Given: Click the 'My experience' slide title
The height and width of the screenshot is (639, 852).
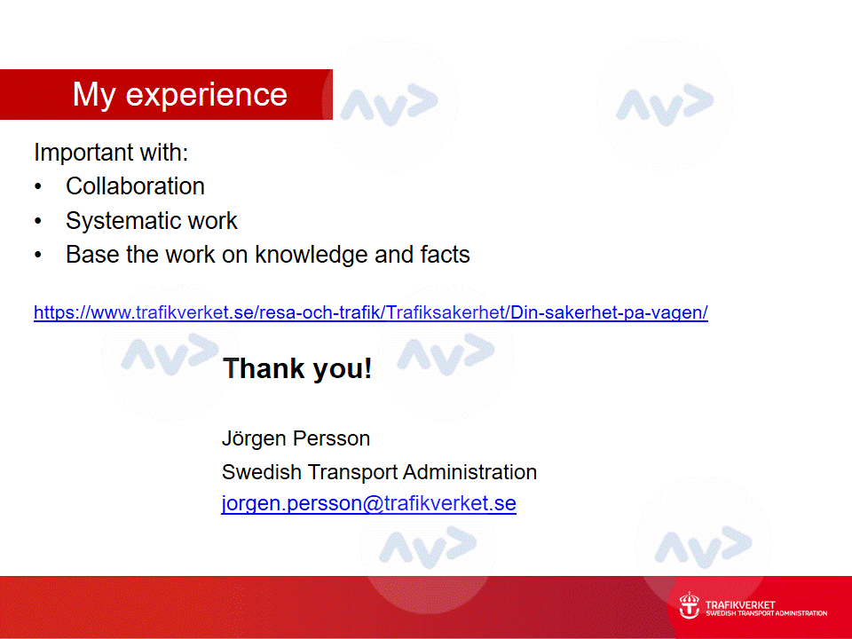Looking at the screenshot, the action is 180,95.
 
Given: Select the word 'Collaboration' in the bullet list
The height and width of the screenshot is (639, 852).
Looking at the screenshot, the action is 135,186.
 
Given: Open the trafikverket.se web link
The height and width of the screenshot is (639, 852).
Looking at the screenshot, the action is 371,312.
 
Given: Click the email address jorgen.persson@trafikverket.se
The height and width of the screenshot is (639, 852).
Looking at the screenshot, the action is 369,503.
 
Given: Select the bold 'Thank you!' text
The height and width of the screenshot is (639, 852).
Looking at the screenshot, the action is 297,369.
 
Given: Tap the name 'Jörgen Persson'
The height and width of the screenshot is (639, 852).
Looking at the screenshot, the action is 296,438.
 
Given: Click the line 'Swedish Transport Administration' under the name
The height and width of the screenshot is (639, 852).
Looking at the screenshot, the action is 379,472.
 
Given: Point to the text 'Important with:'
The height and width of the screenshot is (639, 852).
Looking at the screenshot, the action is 111,152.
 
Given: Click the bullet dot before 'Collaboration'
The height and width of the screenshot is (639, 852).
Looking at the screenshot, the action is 38,187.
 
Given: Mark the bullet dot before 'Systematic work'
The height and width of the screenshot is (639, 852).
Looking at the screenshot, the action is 38,221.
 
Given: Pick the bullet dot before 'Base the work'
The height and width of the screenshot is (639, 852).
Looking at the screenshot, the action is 38,255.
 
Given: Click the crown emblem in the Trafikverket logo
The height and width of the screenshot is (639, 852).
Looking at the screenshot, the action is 690,604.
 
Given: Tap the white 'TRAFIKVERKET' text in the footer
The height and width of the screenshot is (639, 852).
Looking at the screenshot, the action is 740,604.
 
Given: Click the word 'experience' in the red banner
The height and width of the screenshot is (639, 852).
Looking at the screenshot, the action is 207,96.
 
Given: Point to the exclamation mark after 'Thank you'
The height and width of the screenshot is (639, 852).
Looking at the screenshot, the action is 367,367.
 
